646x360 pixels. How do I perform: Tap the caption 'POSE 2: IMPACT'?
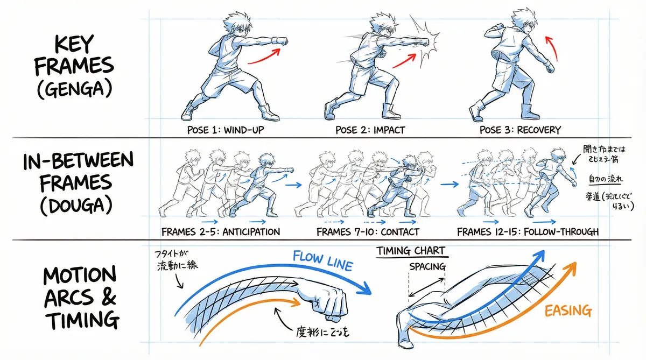pyautogui.click(x=370, y=130)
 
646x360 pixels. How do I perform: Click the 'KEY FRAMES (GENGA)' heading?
pyautogui.click(x=74, y=66)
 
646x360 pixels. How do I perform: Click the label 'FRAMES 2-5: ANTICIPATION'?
pyautogui.click(x=221, y=232)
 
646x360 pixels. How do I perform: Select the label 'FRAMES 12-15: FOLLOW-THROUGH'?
pyautogui.click(x=528, y=232)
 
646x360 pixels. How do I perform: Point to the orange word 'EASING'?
pyautogui.click(x=567, y=310)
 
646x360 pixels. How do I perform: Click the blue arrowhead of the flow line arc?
pyautogui.click(x=363, y=290)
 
